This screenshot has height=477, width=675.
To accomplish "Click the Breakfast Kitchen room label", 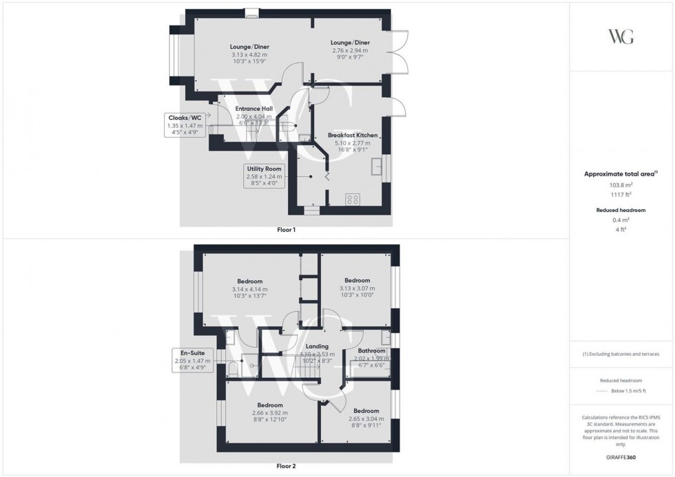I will (352, 136).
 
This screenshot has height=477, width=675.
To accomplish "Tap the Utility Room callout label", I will (264, 168).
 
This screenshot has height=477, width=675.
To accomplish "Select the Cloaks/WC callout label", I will (185, 118).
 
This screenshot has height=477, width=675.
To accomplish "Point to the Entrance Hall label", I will (254, 109).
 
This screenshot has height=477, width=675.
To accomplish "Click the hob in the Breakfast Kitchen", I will (353, 200).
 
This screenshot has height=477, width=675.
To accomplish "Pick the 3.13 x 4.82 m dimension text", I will (249, 55).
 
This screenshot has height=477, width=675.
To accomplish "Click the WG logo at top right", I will (621, 36).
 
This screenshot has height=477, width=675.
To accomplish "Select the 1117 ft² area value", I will (621, 195).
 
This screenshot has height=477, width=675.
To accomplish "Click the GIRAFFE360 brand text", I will (621, 456).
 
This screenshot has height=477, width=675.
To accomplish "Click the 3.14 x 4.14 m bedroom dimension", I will (249, 289).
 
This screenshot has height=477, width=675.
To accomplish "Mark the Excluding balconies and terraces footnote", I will (621, 354).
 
